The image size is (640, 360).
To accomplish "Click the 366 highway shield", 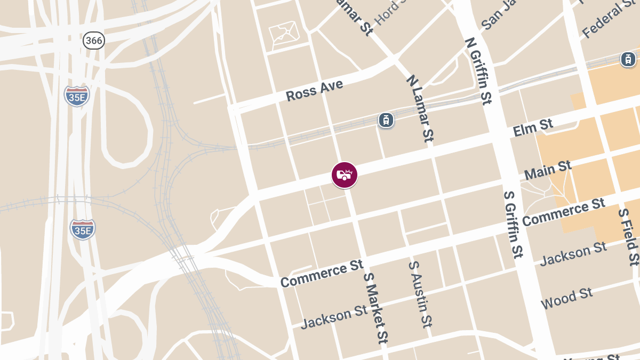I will (x=93, y=40).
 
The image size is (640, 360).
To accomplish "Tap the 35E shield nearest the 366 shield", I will (x=77, y=95).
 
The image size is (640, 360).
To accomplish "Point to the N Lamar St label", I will (x=419, y=108).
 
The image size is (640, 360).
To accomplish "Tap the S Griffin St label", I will (x=513, y=224).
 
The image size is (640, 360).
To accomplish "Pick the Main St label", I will (x=548, y=171).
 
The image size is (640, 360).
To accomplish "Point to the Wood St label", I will (x=566, y=299).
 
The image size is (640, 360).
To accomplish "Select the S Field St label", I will (x=628, y=236).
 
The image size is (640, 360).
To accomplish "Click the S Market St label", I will (x=375, y=308).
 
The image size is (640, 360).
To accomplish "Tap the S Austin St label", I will (x=420, y=293).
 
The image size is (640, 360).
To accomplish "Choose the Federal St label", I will (x=610, y=20).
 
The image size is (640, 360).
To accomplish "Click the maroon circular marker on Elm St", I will (x=345, y=175).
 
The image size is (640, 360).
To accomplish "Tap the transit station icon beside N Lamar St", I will (x=386, y=120).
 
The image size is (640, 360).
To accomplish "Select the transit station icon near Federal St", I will (x=628, y=59).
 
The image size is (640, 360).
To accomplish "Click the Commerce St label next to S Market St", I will (x=322, y=274).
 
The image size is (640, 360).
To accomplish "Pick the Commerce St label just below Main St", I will (x=564, y=212).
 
